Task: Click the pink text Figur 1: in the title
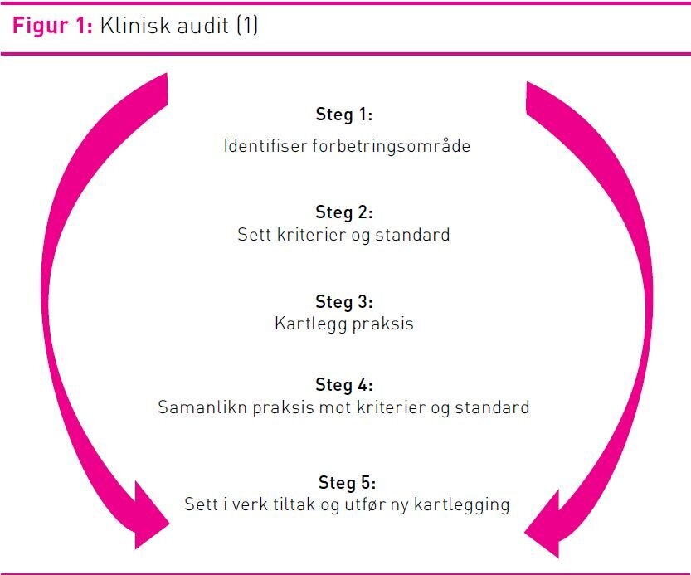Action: coord(51,26)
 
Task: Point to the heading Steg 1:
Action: coord(344,115)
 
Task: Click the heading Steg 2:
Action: coord(344,212)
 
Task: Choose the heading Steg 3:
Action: coord(344,301)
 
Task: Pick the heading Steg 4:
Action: coord(344,385)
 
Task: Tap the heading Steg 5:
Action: coord(347,482)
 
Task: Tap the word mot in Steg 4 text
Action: coord(314,408)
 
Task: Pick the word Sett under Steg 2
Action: coord(254,235)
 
